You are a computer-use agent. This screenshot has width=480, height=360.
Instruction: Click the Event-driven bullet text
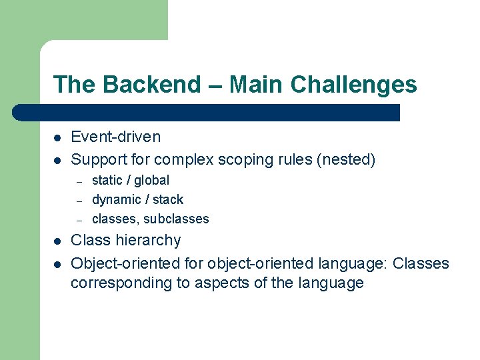click(x=116, y=137)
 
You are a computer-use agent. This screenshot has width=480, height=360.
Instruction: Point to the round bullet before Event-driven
click(x=58, y=138)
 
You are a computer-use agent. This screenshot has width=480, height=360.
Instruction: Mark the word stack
click(x=168, y=199)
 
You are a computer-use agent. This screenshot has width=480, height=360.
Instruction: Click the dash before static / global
click(x=78, y=181)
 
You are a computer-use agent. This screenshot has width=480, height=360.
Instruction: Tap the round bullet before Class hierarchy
click(x=58, y=241)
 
